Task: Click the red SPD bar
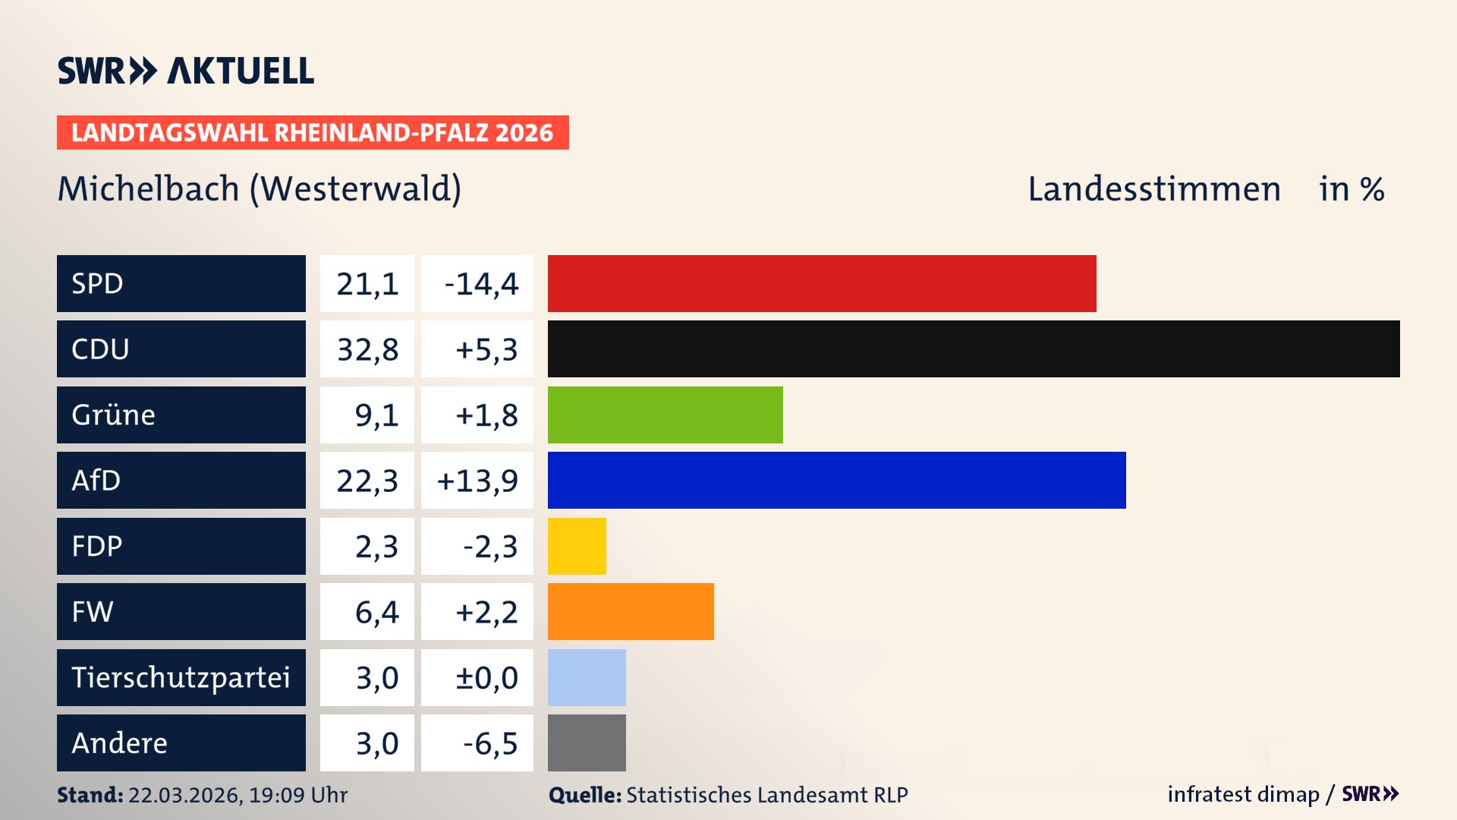tap(822, 283)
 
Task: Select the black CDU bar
tap(974, 349)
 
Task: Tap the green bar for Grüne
tap(665, 415)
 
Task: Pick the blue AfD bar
tap(836, 480)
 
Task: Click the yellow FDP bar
tap(577, 546)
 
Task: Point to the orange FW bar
tap(631, 611)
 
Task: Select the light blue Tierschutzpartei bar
tap(587, 677)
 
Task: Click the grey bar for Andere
tap(587, 743)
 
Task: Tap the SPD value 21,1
tap(367, 284)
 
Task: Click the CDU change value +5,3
tap(486, 349)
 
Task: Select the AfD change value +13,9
tap(477, 481)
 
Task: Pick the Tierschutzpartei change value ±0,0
tap(486, 677)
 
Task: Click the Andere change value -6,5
tap(489, 743)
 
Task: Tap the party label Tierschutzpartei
tap(181, 677)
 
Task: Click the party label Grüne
tap(114, 415)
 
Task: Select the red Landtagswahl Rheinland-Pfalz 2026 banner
tap(313, 133)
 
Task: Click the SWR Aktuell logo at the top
tap(186, 71)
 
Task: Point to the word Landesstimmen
tap(1153, 189)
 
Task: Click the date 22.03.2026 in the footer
tap(184, 795)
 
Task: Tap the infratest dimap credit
tap(1243, 794)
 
